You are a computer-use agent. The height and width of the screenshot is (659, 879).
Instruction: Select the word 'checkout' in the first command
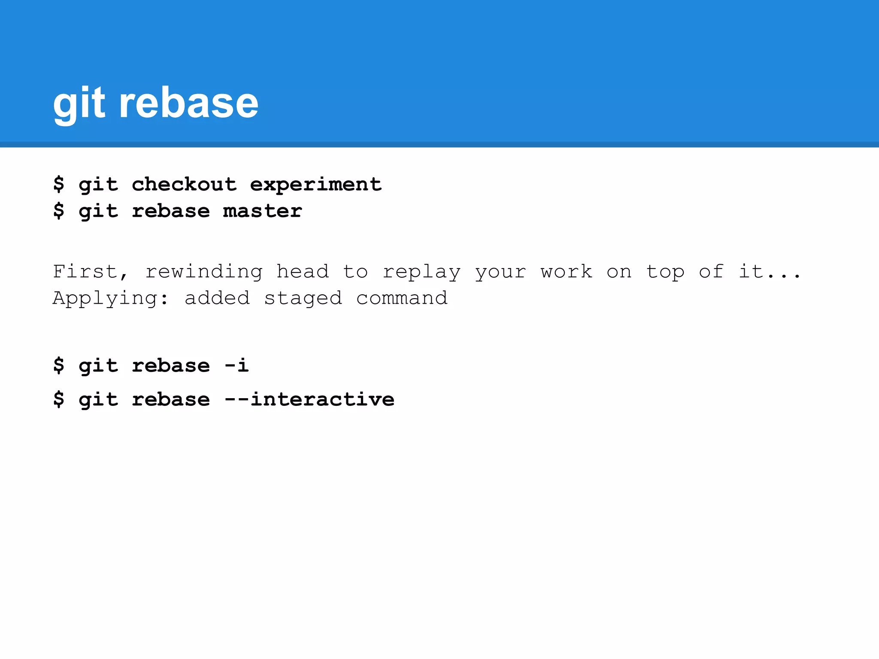click(x=184, y=184)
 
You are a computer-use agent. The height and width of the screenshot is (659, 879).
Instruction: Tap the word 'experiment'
click(x=316, y=184)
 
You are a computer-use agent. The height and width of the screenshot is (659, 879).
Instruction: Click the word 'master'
click(x=263, y=211)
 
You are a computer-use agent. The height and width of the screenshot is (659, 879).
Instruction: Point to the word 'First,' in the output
click(x=91, y=272)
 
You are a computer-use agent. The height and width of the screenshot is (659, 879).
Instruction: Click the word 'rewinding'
click(x=204, y=272)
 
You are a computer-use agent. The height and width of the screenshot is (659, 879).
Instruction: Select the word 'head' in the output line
click(x=303, y=272)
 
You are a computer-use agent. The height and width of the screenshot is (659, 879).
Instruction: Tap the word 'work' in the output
click(x=567, y=272)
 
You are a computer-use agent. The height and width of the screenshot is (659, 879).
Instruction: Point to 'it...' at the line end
click(x=770, y=272)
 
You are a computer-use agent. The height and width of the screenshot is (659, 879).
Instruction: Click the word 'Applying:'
click(x=111, y=298)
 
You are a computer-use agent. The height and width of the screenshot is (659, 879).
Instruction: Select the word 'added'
click(x=217, y=298)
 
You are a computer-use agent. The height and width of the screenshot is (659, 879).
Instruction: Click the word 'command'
click(x=402, y=298)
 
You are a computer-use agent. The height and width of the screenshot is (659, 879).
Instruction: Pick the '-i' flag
click(x=236, y=366)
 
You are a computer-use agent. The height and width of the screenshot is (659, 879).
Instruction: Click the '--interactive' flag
click(x=309, y=399)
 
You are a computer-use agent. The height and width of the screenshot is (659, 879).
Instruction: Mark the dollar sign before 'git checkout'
click(x=59, y=184)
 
